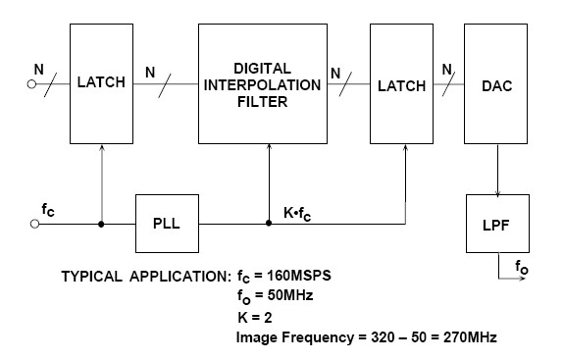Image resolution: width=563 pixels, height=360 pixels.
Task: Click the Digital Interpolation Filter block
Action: click(264, 84)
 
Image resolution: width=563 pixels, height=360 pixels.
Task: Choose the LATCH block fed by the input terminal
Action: click(101, 84)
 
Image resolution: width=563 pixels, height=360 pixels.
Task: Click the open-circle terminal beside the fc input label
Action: click(35, 224)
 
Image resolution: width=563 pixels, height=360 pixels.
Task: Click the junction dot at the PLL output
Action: click(269, 224)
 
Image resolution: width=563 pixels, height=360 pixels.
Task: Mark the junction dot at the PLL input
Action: click(101, 224)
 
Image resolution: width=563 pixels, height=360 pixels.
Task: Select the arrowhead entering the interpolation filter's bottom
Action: click(269, 149)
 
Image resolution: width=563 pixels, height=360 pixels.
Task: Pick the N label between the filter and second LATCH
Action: click(335, 72)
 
